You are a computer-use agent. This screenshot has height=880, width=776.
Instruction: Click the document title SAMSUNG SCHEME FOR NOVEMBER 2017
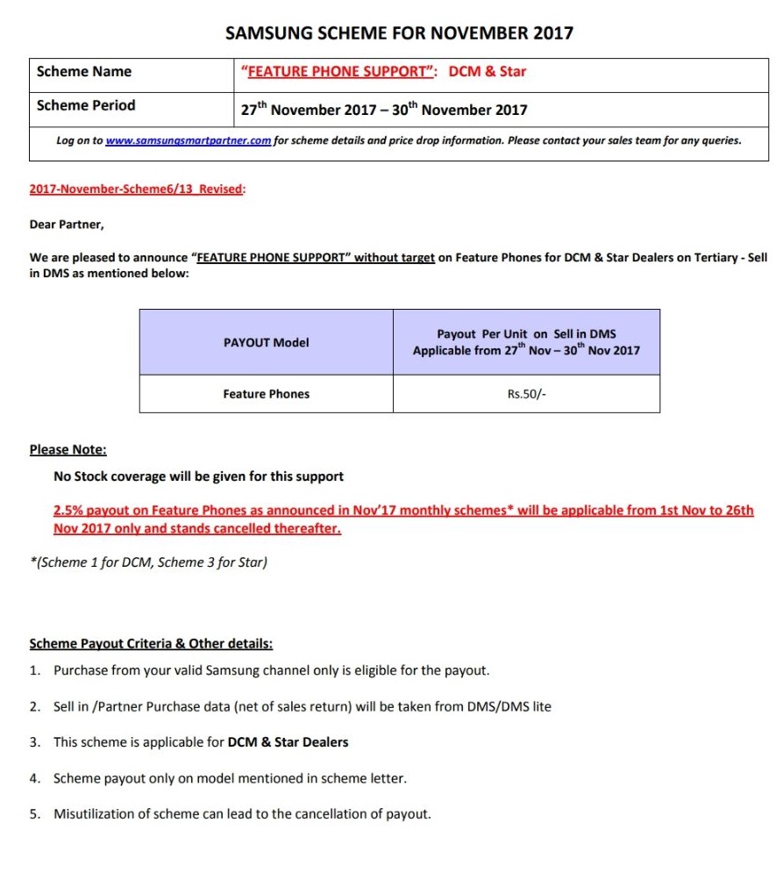click(x=399, y=33)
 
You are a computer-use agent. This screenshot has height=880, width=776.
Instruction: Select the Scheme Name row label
click(x=84, y=72)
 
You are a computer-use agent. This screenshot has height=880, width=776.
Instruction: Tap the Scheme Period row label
click(x=86, y=105)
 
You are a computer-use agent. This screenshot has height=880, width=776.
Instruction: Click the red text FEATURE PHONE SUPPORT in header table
click(x=339, y=72)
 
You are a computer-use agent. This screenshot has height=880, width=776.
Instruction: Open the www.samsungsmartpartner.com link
click(x=188, y=140)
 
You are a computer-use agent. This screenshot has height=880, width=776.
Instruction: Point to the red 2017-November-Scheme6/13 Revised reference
click(x=137, y=189)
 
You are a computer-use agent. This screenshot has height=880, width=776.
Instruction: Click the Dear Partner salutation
click(x=67, y=225)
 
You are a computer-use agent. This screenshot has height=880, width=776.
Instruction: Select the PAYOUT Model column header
click(x=266, y=342)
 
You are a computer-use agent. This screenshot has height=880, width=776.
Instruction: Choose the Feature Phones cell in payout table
click(x=266, y=394)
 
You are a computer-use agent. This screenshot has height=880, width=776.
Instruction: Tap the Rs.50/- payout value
click(x=526, y=394)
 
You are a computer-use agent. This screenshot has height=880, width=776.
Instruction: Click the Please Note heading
click(x=68, y=449)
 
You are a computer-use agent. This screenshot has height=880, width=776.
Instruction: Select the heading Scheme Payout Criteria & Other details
click(x=151, y=643)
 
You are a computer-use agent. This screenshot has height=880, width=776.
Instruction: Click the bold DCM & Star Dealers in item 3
click(x=288, y=742)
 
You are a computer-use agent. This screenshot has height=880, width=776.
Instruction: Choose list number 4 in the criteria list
click(x=35, y=778)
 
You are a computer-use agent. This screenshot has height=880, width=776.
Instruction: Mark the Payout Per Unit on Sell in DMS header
click(x=526, y=334)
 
